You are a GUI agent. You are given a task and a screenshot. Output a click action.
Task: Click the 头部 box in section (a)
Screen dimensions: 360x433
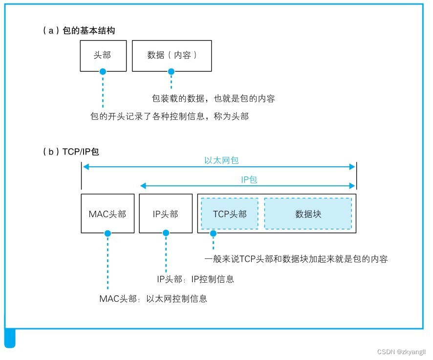103,55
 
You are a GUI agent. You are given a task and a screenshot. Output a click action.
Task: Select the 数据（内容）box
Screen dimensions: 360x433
172,55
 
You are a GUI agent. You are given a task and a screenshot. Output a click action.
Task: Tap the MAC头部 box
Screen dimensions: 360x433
107,214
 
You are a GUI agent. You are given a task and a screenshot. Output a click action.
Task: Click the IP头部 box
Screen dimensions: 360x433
165,214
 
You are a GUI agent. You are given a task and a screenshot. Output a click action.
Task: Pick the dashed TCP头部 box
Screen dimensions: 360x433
230,214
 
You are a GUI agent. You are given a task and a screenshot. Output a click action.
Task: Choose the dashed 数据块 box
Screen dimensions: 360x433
308,214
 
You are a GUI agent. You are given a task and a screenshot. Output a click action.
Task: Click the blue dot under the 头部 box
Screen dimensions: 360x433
103,71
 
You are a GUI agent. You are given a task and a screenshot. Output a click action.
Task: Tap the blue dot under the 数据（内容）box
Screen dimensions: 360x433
171,71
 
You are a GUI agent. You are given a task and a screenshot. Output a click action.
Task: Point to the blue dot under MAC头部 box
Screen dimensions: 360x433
108,234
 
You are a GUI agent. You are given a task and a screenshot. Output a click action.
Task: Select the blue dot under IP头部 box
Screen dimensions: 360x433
166,234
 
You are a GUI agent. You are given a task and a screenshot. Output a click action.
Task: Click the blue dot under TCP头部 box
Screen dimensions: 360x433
213,234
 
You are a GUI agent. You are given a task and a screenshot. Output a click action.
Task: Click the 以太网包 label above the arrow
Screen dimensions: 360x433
221,160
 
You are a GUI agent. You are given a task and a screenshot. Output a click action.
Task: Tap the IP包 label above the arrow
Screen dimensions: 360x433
249,180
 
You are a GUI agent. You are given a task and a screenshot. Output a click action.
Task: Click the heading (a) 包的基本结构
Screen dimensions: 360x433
79,31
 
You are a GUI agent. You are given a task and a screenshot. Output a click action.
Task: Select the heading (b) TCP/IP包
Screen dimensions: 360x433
71,152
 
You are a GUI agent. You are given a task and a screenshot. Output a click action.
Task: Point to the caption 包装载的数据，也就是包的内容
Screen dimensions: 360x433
213,99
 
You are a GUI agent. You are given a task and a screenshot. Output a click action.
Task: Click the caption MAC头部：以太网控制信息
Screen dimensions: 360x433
153,298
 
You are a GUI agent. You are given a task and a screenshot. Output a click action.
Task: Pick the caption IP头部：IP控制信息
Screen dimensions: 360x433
195,279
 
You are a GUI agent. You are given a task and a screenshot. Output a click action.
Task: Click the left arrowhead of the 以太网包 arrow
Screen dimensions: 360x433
85,167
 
